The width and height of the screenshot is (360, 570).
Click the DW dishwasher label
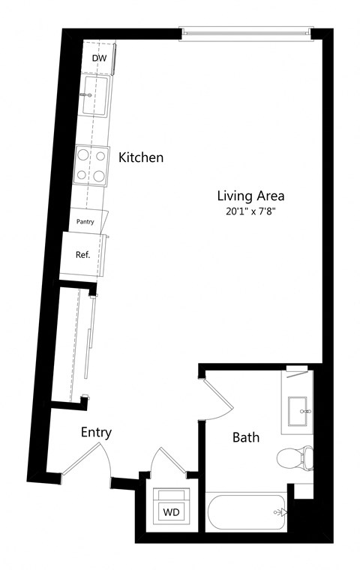tap(99, 58)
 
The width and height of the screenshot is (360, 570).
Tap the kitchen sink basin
tap(94, 95)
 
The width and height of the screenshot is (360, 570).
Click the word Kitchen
tap(141, 157)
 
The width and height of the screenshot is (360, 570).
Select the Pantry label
tap(85, 222)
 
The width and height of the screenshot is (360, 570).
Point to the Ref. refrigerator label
tap(83, 255)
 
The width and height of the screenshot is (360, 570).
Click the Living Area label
tap(251, 196)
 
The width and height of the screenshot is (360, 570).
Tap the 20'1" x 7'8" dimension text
tap(251, 211)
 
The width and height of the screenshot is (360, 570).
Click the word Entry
tap(96, 433)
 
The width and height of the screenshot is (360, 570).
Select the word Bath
tap(246, 437)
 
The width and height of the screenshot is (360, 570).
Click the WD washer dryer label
tap(171, 512)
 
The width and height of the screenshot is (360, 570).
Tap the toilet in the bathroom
tap(295, 458)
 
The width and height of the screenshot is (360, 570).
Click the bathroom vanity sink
tap(300, 411)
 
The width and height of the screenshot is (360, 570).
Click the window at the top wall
tap(246, 33)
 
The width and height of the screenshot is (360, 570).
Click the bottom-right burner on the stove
tap(99, 176)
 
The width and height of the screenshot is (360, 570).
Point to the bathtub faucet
tap(280, 512)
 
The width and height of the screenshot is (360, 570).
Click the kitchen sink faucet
tap(86, 95)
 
